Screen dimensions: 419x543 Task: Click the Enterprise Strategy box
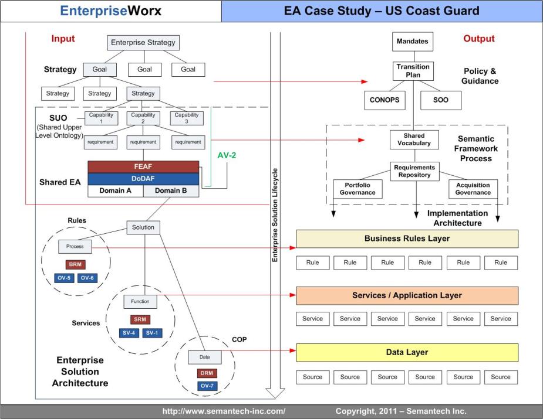tap(143, 43)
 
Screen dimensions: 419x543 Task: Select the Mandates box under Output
tap(412, 42)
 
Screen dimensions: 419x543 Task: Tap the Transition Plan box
tap(412, 71)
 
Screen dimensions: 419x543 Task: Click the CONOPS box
tap(385, 100)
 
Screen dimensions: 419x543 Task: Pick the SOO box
tap(440, 100)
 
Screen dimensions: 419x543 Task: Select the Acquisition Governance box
tap(473, 189)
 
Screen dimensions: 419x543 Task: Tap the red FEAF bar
tap(143, 166)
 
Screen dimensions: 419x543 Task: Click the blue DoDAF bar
tap(143, 178)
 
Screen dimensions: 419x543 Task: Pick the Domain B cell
tap(171, 190)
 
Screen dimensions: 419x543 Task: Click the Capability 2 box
tap(143, 118)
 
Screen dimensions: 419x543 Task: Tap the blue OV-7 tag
tap(207, 386)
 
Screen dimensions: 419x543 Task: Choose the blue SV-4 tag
tap(127, 332)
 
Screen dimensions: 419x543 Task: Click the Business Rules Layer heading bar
tap(407, 239)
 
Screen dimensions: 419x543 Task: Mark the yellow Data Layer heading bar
tap(407, 352)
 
